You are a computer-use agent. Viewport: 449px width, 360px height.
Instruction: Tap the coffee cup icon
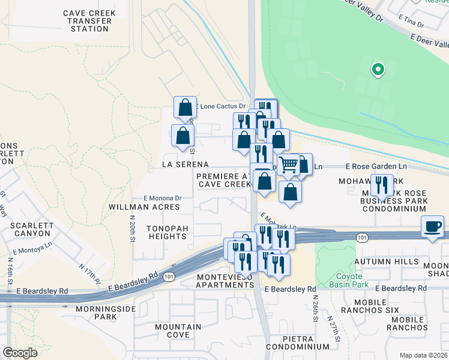pos(432,226)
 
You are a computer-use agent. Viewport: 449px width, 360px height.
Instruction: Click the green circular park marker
pos(377,70)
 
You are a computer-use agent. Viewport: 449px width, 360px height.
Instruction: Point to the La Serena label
pos(185,164)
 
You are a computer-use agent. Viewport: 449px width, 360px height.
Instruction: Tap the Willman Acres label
pos(144,207)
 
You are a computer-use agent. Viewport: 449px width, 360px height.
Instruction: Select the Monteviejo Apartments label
pos(225,280)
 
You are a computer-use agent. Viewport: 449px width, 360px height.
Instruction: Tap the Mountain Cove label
pos(178,331)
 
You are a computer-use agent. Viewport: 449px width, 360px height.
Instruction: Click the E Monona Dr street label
pos(162,197)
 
